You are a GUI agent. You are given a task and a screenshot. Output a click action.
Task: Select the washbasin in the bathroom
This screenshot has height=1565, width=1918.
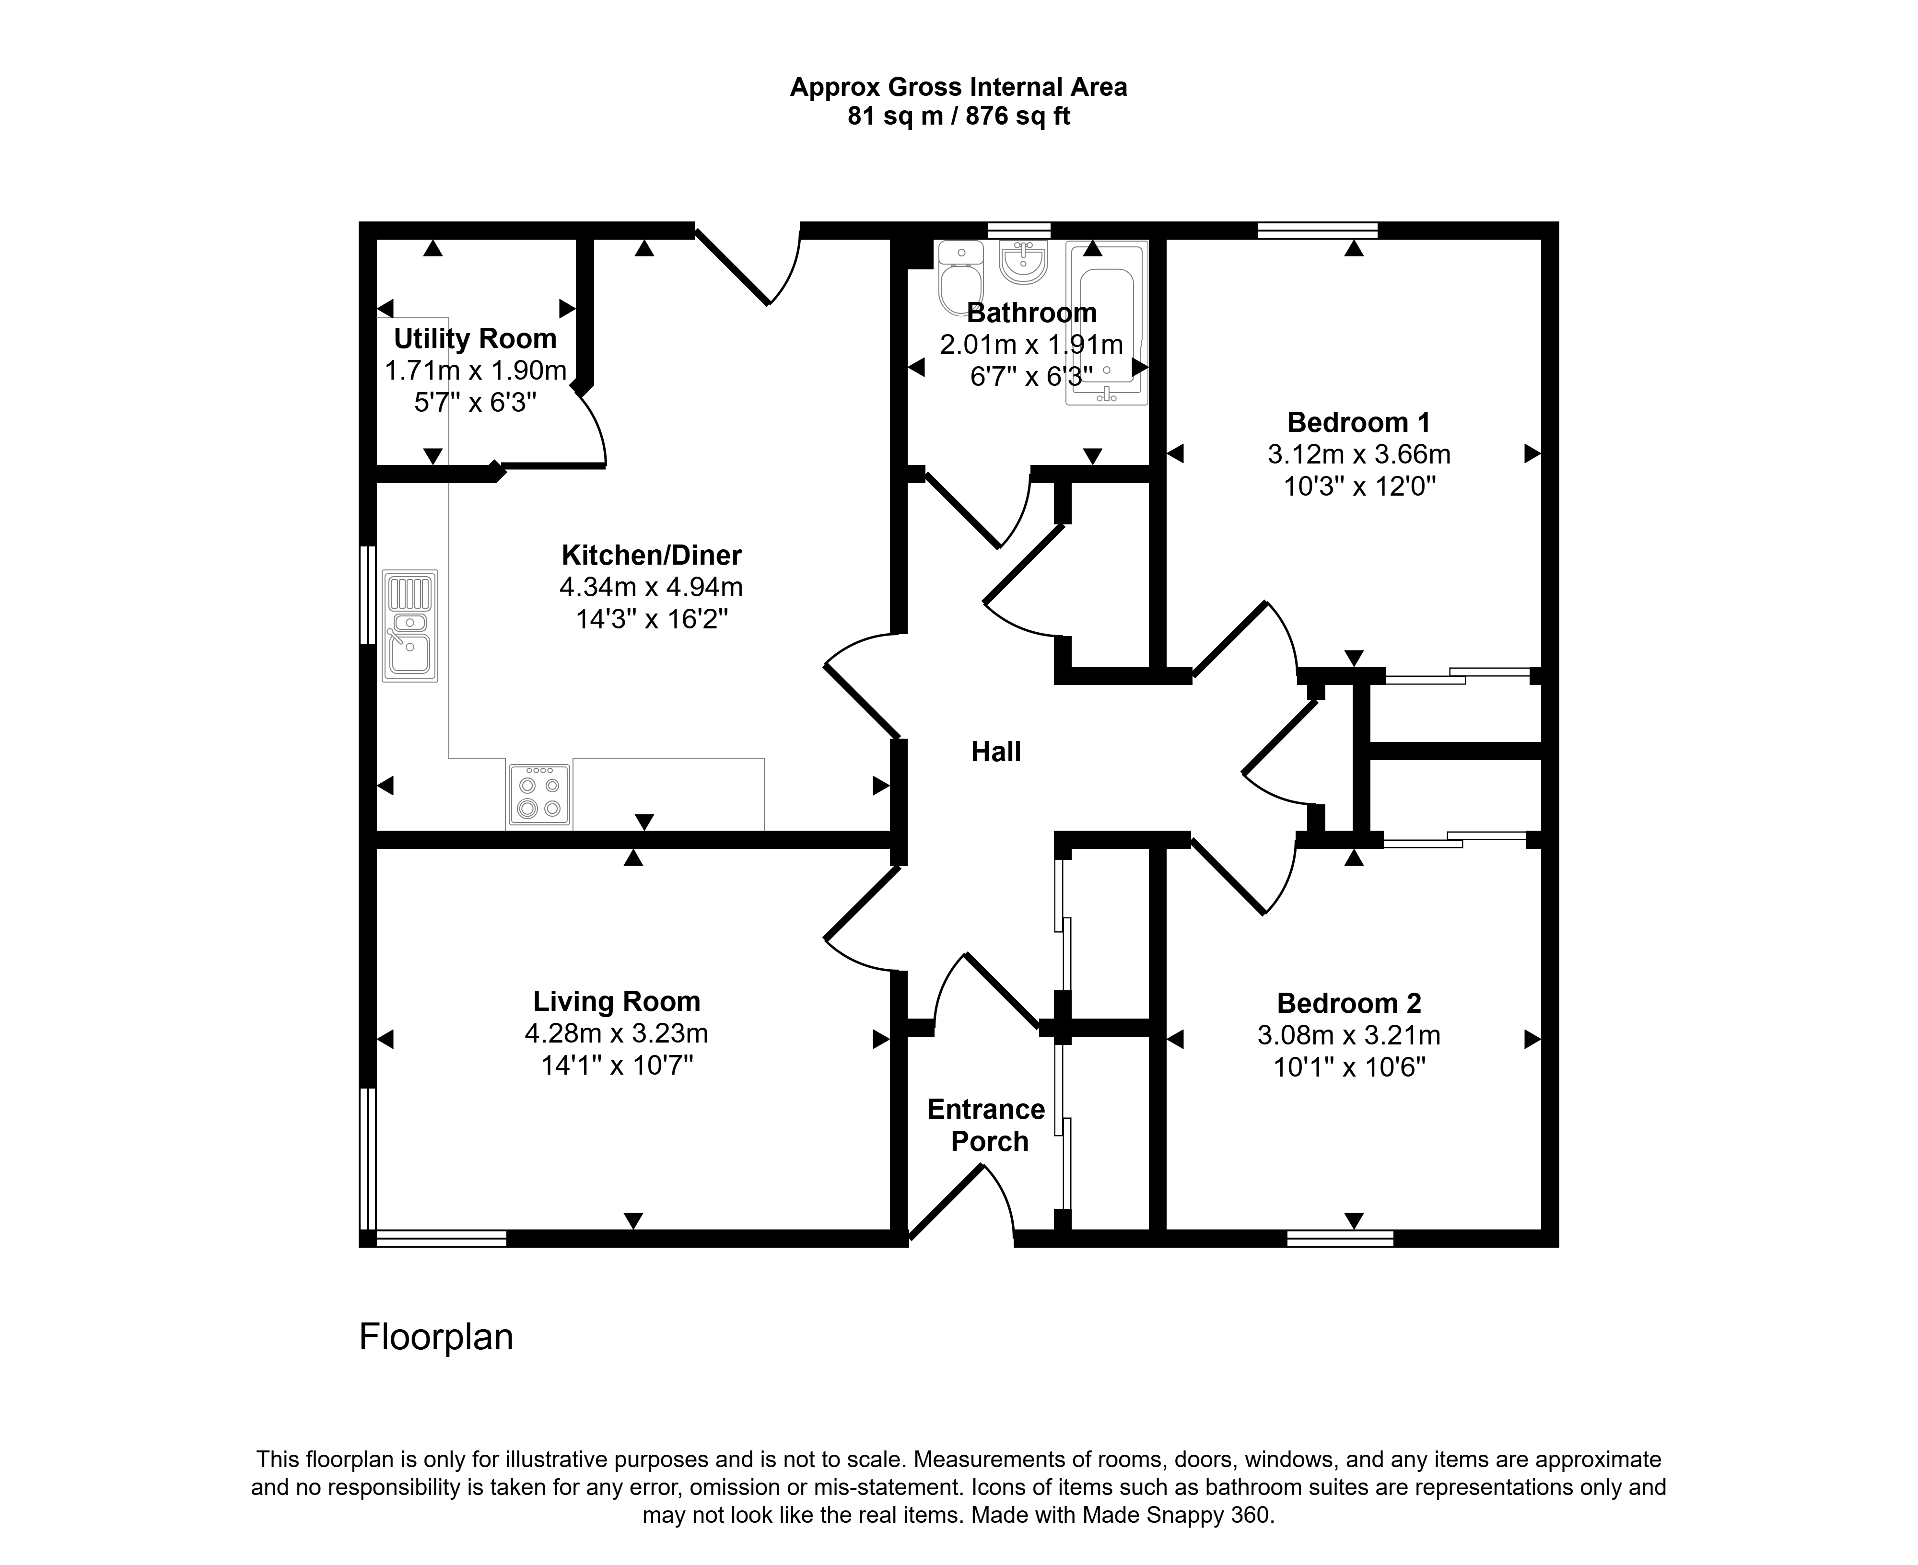coord(1023,261)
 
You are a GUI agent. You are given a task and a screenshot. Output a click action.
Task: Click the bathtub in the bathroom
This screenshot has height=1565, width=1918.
coord(1106,322)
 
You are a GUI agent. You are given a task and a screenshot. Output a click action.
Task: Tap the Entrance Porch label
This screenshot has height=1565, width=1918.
coord(986,1125)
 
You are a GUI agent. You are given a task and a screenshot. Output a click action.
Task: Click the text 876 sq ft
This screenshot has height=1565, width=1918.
coord(1018,116)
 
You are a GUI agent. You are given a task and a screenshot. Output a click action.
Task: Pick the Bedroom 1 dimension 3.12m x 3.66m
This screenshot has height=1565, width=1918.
coord(1359,454)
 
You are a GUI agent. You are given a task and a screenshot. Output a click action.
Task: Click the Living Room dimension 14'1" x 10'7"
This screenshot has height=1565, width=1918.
coord(617,1066)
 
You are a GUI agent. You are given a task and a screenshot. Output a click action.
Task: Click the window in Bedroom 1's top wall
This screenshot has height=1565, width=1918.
coord(1318,230)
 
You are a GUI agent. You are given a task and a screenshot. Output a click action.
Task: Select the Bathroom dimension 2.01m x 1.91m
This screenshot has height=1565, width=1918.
coord(1031,344)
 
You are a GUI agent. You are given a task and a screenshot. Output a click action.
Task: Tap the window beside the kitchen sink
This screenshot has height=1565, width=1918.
coord(367,595)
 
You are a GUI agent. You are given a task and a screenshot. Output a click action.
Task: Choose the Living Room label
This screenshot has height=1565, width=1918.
coord(617,1002)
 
